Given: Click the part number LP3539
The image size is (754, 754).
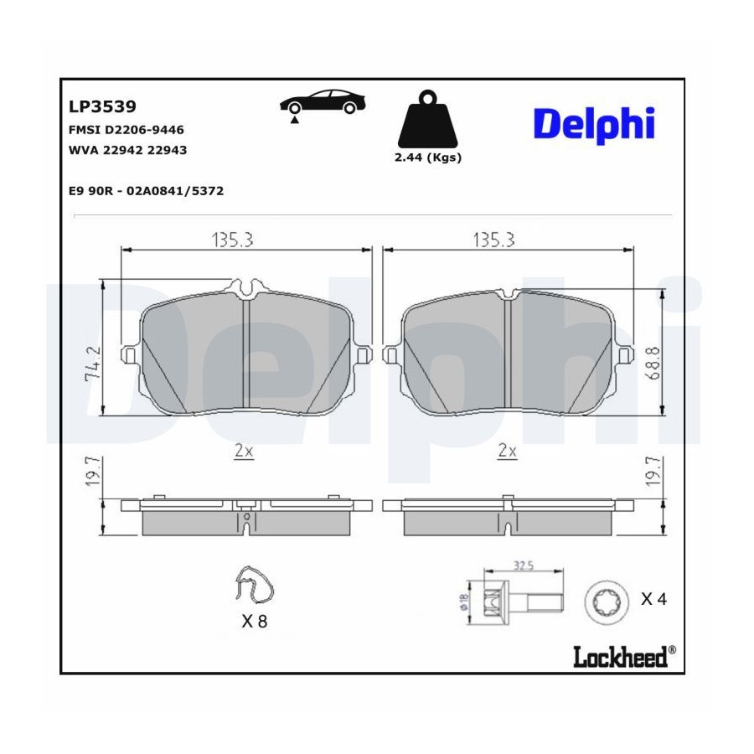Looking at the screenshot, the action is (x=102, y=106).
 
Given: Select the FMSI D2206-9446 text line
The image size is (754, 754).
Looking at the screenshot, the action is (x=127, y=130).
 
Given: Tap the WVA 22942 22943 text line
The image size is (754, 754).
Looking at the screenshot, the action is (x=128, y=150).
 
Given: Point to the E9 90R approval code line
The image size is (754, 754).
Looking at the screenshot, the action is (x=146, y=191).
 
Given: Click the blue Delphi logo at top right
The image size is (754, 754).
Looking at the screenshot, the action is (x=594, y=125).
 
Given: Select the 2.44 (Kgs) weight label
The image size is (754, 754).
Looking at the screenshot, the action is (x=428, y=158).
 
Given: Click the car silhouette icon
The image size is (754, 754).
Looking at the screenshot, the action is (x=323, y=105).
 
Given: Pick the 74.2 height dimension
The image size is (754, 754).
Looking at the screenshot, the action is (x=93, y=363).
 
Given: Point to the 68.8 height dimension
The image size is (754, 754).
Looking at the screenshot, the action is (x=653, y=363).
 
